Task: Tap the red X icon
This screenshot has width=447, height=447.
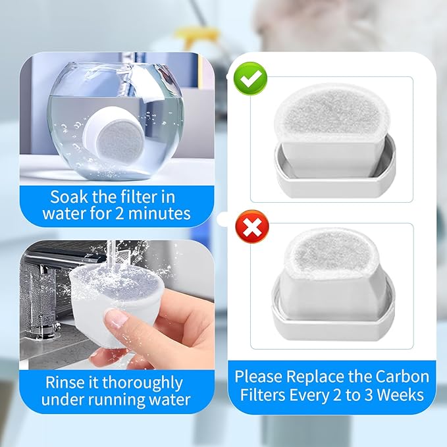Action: coord(251,228)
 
